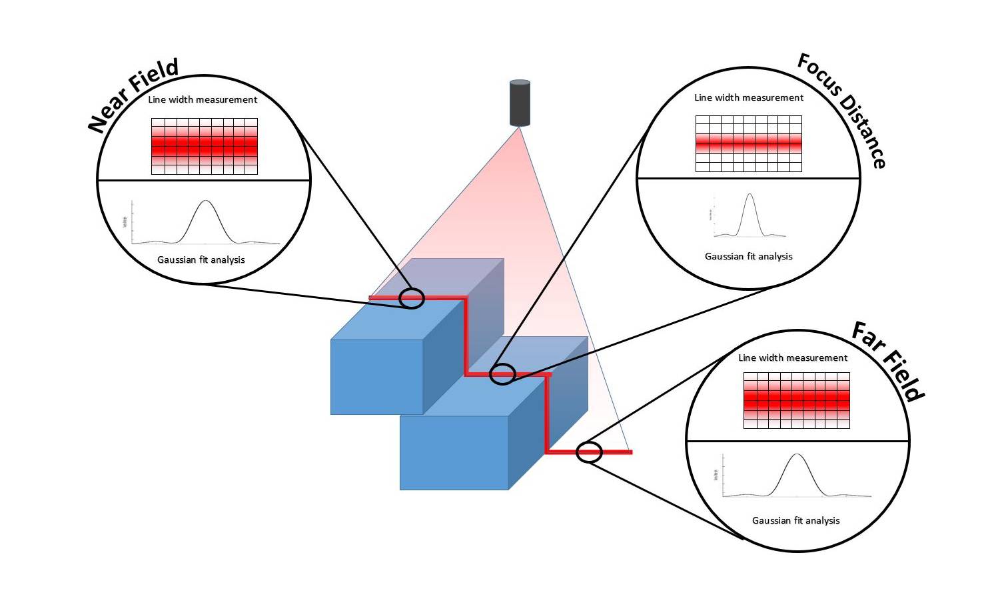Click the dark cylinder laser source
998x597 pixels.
pyautogui.click(x=520, y=103)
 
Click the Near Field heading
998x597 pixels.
pyautogui.click(x=134, y=95)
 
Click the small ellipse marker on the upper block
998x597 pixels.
pyautogui.click(x=412, y=298)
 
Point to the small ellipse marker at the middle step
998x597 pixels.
pyautogui.click(x=503, y=374)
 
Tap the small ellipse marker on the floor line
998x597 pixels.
pyautogui.click(x=589, y=452)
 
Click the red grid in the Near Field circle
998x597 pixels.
pyautogui.click(x=204, y=146)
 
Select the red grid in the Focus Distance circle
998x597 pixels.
pyautogui.click(x=748, y=143)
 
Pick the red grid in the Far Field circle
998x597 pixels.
pyautogui.click(x=796, y=400)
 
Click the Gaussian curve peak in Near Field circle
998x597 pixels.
pyautogui.click(x=206, y=201)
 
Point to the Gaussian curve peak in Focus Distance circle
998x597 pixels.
pyautogui.click(x=750, y=194)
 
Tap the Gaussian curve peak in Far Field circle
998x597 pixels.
pyautogui.click(x=797, y=454)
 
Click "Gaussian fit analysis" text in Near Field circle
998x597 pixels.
pyautogui.click(x=201, y=259)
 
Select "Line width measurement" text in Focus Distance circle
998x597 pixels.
pyautogui.click(x=749, y=97)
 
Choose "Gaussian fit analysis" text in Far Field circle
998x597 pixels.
pyautogui.click(x=795, y=520)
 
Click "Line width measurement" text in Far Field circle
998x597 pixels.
pyautogui.click(x=793, y=358)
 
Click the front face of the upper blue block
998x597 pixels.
pyautogui.click(x=376, y=377)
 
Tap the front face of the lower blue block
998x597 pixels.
pyautogui.click(x=454, y=453)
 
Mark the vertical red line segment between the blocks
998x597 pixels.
pyautogui.click(x=466, y=334)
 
